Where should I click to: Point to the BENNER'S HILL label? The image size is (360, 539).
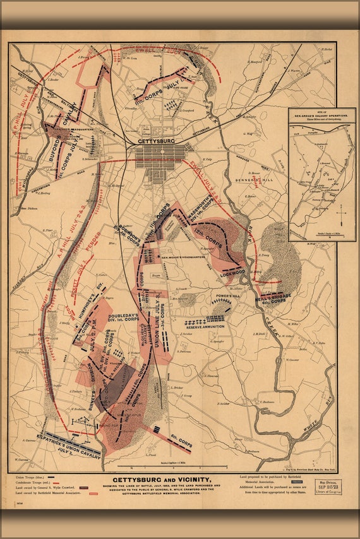pos(253,179)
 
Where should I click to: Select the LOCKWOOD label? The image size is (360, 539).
pos(233,272)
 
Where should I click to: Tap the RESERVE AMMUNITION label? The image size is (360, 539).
pos(205,326)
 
